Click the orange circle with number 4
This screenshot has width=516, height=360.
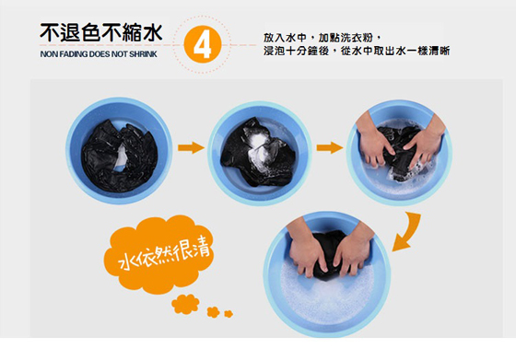(x=202, y=44)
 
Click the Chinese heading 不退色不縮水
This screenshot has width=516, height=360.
(x=101, y=32)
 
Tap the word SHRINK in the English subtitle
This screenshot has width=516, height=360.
(x=143, y=54)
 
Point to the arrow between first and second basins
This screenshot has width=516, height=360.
(x=191, y=147)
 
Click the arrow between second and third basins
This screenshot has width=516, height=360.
(x=330, y=147)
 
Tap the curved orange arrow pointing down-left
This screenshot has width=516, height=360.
(x=408, y=232)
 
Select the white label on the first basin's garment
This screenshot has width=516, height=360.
(x=121, y=158)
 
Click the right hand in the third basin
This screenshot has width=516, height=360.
(x=425, y=141)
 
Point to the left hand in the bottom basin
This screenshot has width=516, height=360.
(x=305, y=247)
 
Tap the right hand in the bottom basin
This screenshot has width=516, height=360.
(x=353, y=250)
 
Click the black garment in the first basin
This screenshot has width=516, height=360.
(x=119, y=157)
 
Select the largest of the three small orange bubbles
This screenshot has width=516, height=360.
(x=185, y=304)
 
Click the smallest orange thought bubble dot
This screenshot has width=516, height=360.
(x=229, y=314)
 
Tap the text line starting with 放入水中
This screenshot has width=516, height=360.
(x=322, y=38)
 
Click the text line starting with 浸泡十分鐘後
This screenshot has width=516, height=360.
(x=357, y=51)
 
